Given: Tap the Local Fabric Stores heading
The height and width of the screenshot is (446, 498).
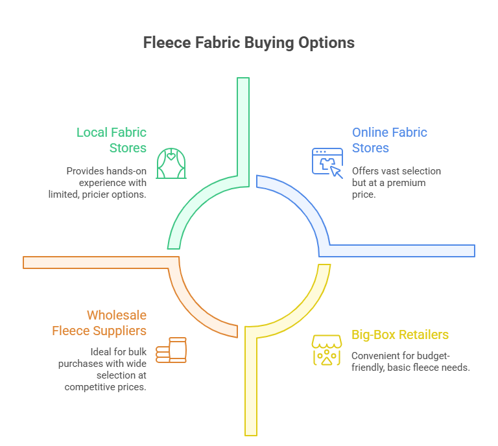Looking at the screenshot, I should pos(112,140).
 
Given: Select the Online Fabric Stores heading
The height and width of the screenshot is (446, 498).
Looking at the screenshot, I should pos(389,140).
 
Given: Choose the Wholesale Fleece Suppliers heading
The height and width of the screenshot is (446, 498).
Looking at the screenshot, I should pos(99,323).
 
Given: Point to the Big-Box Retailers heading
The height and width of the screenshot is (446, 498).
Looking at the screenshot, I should pos(400,335).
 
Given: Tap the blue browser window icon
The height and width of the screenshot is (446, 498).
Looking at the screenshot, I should pos(327,161).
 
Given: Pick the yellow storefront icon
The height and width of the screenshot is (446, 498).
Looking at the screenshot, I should pos(326,350).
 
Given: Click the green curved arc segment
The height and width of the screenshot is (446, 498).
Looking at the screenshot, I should pos(195,207).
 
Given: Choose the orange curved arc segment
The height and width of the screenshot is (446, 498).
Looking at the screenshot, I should pos(195,305).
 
